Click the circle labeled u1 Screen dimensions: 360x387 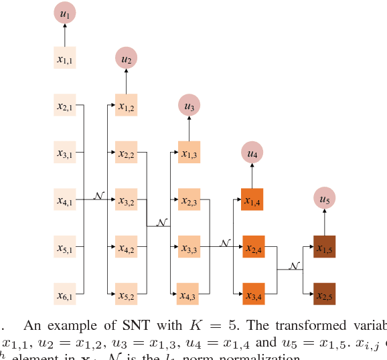65,13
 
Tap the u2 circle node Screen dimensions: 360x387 126,59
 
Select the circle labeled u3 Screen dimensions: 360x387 189,105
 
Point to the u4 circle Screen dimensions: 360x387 252,153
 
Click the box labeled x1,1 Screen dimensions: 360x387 65,59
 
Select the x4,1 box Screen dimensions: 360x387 65,200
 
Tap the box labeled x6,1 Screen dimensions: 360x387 65,294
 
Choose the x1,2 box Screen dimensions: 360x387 126,106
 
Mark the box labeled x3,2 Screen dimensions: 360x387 126,200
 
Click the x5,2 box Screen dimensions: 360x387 126,294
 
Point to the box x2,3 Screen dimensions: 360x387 189,200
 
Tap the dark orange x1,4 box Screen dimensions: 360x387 252,200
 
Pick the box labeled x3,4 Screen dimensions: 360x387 253,294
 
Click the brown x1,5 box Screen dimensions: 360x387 325,247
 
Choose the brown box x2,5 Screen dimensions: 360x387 325,294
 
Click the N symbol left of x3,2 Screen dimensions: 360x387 99,195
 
